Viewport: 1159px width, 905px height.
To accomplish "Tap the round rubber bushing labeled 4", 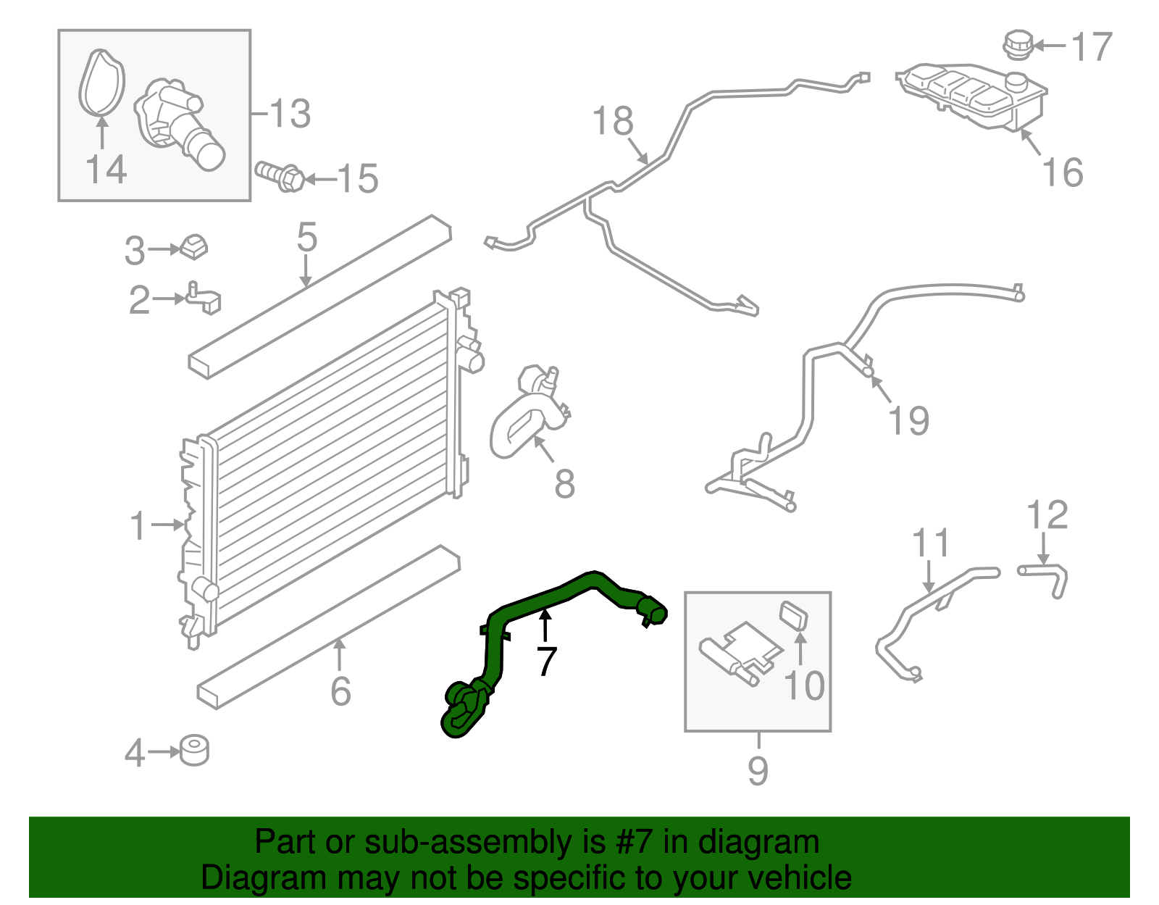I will (194, 751).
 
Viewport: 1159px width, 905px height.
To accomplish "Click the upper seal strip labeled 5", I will (319, 298).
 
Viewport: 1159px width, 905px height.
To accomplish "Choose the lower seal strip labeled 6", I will (326, 627).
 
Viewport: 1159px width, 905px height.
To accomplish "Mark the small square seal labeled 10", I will (794, 616).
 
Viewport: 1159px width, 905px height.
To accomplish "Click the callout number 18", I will (613, 121).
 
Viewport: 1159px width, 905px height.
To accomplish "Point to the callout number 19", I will (909, 421).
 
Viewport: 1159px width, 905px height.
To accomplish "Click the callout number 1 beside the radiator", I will (138, 525).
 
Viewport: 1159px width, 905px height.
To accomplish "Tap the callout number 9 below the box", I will (758, 770).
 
